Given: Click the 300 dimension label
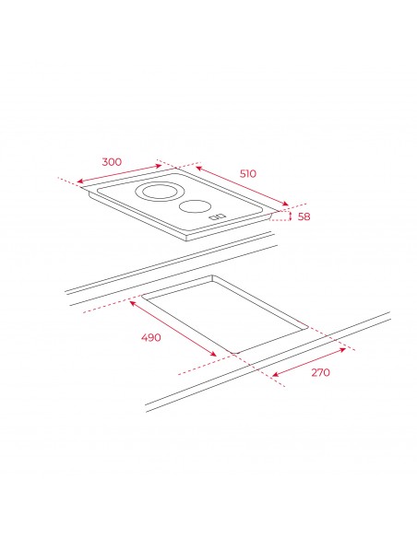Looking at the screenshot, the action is click(112, 161).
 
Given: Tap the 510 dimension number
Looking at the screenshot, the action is click(247, 173).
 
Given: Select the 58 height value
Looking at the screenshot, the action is click(304, 216).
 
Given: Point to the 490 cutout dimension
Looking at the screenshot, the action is click(150, 337).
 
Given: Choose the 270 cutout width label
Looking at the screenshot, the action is click(320, 372).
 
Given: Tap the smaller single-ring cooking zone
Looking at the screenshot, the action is click(195, 206).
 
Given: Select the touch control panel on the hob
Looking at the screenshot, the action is click(218, 216).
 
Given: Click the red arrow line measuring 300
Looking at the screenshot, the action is click(119, 173).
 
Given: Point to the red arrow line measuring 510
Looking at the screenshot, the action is click(242, 186).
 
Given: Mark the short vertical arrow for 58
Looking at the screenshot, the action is click(291, 216).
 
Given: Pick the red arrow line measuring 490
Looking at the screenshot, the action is click(173, 328).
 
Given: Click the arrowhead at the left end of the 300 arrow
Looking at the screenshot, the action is click(80, 181).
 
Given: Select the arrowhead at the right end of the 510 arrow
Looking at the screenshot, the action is click(285, 204).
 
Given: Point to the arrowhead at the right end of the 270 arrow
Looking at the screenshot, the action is click(342, 350).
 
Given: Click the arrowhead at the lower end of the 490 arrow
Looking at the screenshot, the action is click(213, 354).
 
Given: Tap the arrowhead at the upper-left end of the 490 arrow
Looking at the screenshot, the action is click(133, 302).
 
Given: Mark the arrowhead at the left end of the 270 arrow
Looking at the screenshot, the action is click(275, 375).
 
